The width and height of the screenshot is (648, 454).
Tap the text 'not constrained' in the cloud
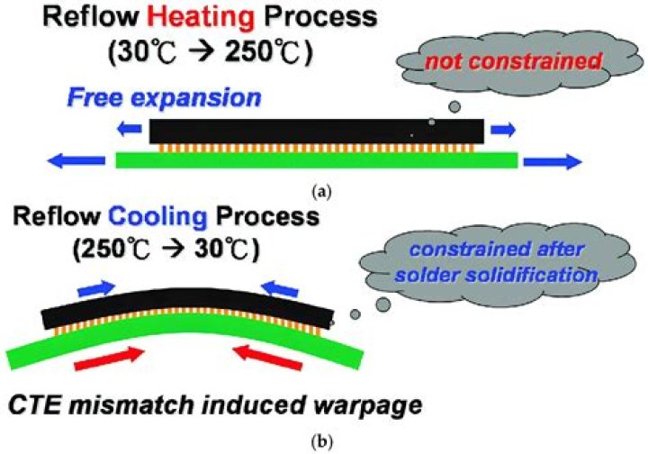point(513,62)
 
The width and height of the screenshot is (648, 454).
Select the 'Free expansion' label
point(164,98)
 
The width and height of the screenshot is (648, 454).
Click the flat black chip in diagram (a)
point(317,132)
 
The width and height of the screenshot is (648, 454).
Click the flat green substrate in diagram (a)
point(317,160)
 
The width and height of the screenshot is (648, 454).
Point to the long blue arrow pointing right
point(553,161)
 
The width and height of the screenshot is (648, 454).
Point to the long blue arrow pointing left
point(76,160)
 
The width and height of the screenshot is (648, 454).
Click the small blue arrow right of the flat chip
point(503,130)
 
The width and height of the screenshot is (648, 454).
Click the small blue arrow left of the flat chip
point(130,130)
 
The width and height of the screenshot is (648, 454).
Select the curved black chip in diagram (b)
point(188,307)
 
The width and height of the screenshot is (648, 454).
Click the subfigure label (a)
point(323,192)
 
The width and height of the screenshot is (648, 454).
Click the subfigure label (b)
point(323,442)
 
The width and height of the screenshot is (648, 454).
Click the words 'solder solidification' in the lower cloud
point(496,275)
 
